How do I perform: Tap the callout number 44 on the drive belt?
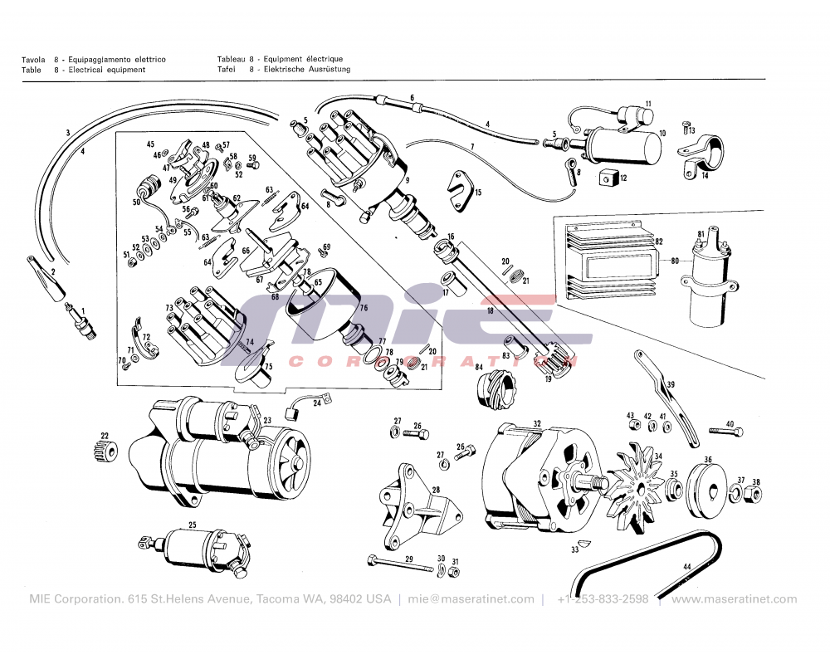(x=686, y=567)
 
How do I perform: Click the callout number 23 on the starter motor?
(x=266, y=421)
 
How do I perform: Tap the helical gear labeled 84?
(x=496, y=389)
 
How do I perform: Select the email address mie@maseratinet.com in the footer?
(x=471, y=599)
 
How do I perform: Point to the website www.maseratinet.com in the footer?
(x=734, y=599)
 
